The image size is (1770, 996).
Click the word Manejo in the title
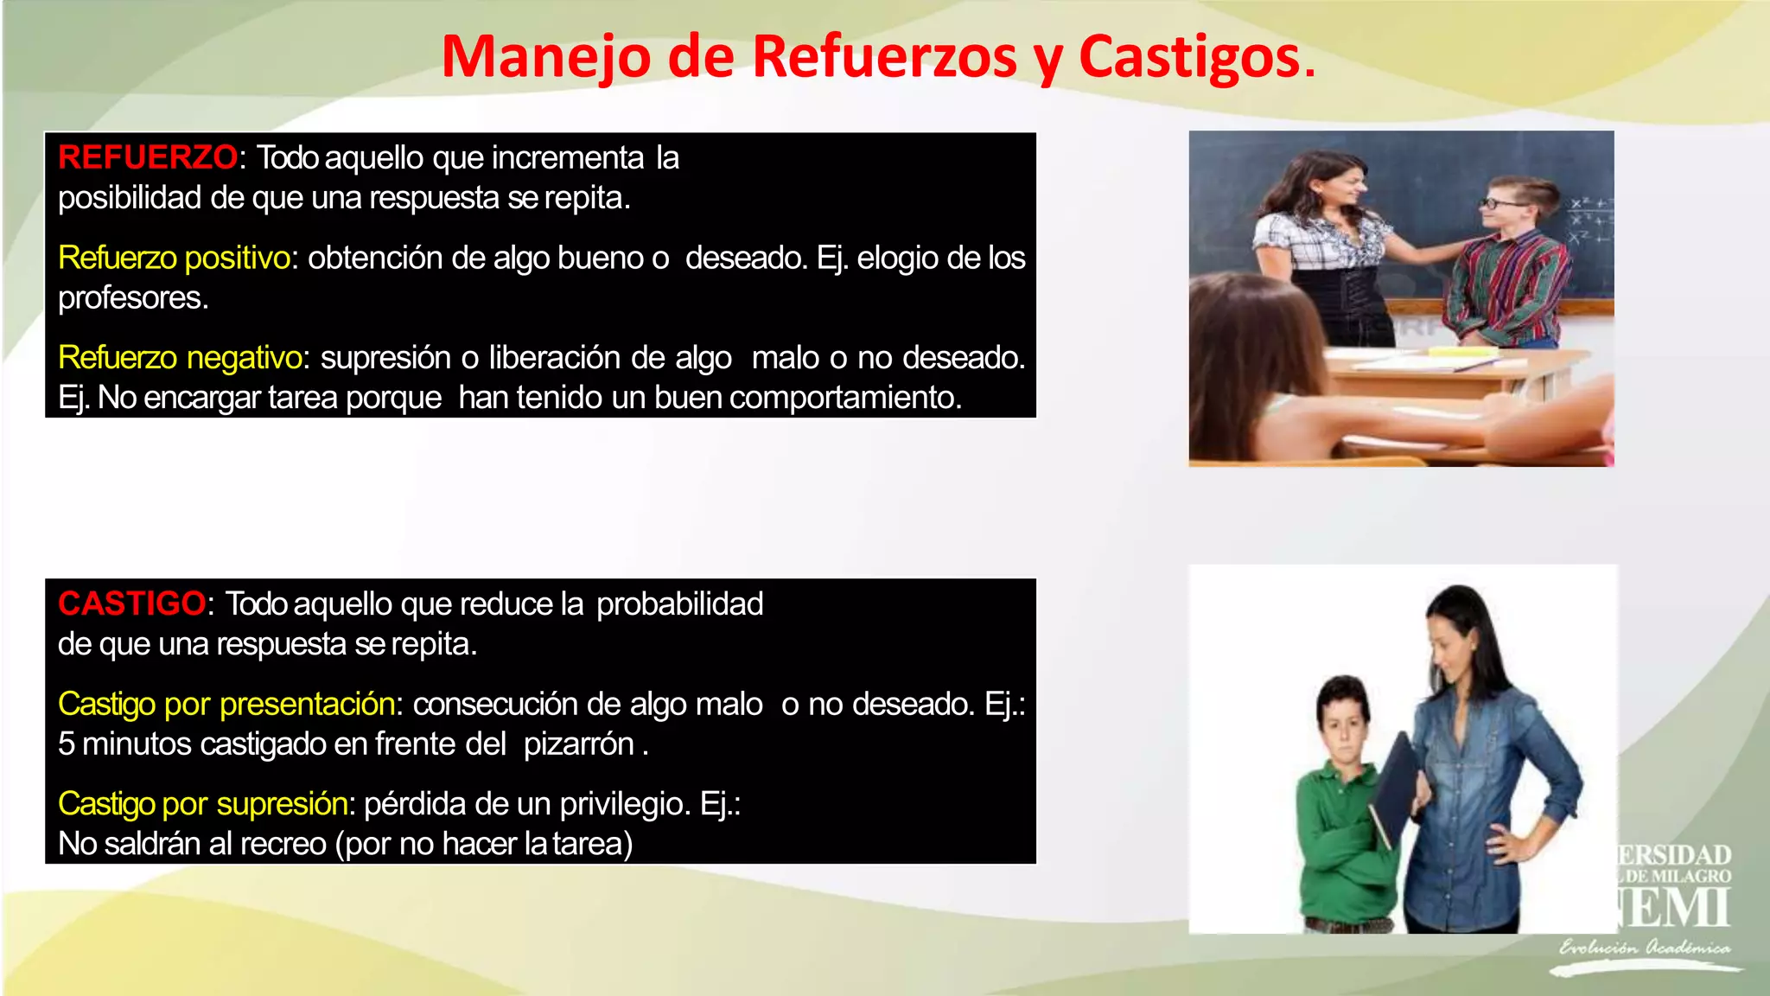pos(546,57)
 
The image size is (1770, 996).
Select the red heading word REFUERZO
pos(147,157)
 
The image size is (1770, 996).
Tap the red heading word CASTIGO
pos(132,603)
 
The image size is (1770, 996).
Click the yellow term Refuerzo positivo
pos(174,258)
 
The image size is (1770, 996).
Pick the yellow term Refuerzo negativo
pos(180,357)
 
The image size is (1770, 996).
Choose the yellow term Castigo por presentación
pos(226,704)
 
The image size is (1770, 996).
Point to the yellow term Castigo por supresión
pos(203,804)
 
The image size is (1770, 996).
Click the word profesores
pos(132,298)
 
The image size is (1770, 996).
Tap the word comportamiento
pos(844,398)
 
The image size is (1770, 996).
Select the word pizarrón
pos(579,744)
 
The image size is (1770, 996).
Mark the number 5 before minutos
pos(67,744)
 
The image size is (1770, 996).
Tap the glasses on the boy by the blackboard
pos(1503,204)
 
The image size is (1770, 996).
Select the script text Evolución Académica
pos(1645,948)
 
